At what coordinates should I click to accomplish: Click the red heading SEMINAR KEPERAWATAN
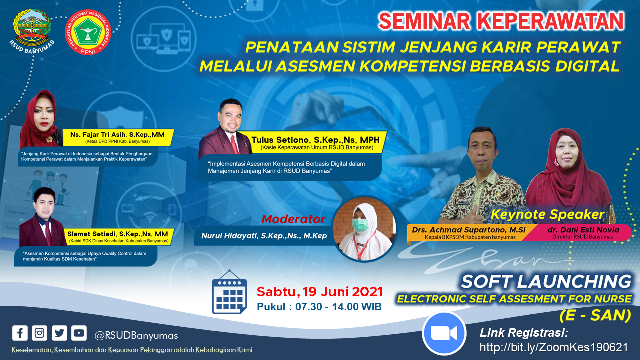[x=501, y=21]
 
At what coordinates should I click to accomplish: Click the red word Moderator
[x=293, y=219]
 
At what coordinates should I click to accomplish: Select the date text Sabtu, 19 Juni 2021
[x=320, y=291]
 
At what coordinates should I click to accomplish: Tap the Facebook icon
[x=20, y=333]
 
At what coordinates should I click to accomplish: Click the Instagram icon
[x=39, y=333]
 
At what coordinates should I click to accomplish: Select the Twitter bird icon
[x=59, y=333]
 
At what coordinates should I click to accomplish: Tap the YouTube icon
[x=79, y=333]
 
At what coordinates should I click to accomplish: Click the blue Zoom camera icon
[x=444, y=333]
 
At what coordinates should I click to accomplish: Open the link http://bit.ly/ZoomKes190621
[x=554, y=347]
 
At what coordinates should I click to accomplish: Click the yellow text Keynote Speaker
[x=547, y=215]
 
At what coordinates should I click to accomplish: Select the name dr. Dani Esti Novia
[x=582, y=230]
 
